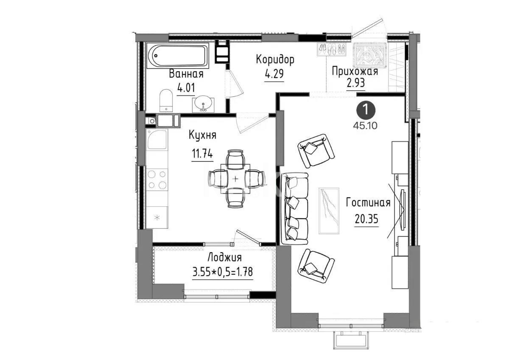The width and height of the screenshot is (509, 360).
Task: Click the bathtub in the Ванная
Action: (x=178, y=56)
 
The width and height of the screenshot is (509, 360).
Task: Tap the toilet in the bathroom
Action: (x=166, y=100)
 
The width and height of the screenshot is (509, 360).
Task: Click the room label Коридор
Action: (x=274, y=60)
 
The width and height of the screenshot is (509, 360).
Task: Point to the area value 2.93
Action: (x=356, y=83)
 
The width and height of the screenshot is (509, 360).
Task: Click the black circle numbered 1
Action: (x=366, y=110)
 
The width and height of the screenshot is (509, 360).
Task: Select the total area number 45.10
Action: (x=365, y=125)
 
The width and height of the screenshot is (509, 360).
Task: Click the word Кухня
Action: (x=202, y=135)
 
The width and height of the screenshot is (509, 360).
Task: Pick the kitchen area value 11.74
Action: (x=202, y=154)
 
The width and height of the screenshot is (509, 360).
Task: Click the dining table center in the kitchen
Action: (x=236, y=179)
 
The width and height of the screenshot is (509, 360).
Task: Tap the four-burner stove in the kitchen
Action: (x=157, y=179)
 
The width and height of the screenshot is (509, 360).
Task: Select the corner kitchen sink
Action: (x=157, y=139)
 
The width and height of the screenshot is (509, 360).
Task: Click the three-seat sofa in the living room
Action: (x=295, y=208)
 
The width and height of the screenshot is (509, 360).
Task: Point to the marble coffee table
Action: (x=329, y=211)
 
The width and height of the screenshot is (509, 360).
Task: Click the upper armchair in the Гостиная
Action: (x=316, y=150)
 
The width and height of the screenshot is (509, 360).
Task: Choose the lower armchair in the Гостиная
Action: (x=316, y=266)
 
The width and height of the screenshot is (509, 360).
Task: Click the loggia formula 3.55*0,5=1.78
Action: (x=222, y=272)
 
